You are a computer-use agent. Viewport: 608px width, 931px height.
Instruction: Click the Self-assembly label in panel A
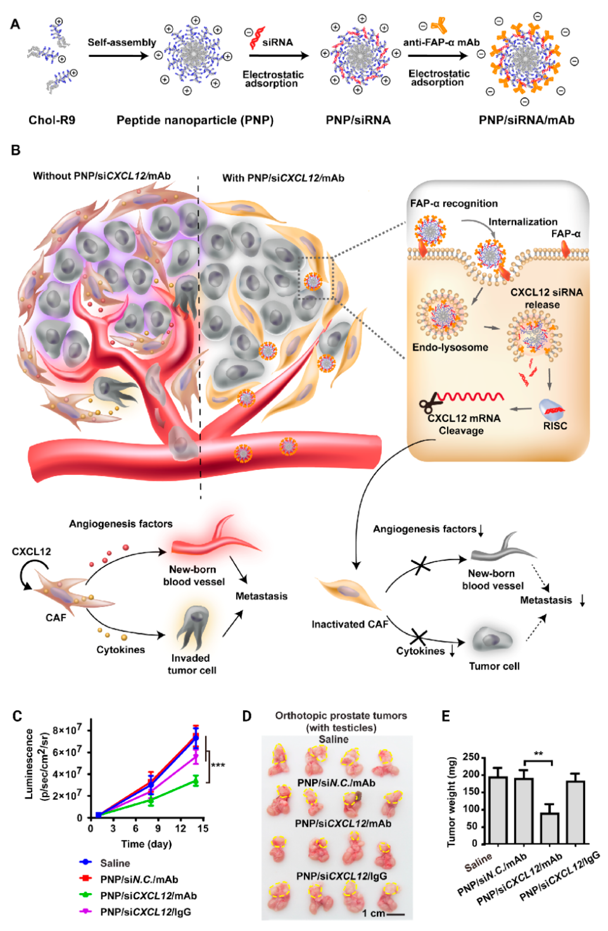click(122, 42)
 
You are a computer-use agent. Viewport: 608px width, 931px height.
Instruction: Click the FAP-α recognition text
click(454, 204)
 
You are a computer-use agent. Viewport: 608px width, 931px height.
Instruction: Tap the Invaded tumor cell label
click(192, 664)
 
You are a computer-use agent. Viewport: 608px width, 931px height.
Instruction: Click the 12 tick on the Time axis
click(180, 828)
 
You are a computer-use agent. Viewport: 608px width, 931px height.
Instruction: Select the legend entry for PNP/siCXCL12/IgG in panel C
click(145, 912)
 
